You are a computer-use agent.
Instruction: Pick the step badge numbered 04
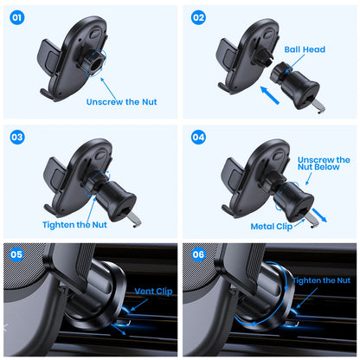pos(198,137)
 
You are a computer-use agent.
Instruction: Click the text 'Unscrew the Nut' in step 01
pos(126,101)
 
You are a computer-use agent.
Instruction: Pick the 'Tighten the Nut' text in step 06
pos(321,280)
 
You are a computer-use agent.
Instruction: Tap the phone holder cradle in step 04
pos(251,173)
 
